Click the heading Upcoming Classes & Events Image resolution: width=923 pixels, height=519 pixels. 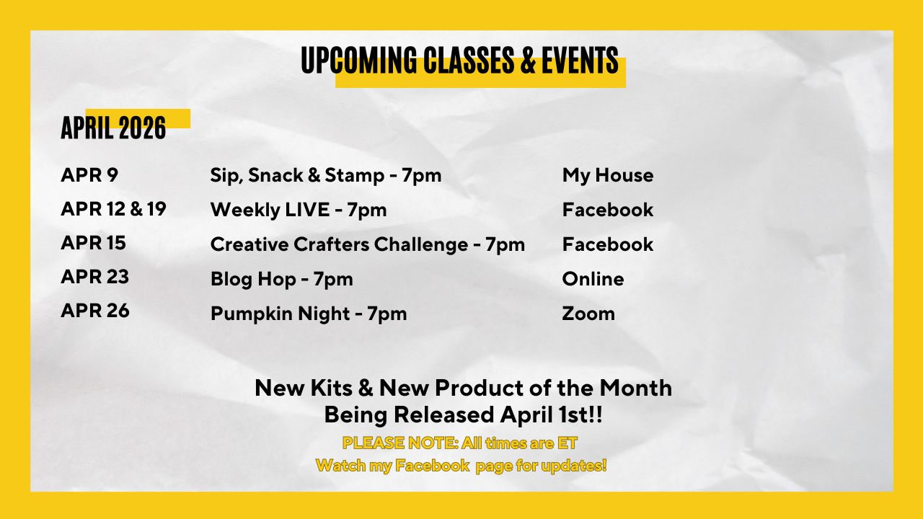[459, 60]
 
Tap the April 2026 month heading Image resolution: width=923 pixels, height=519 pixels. [113, 128]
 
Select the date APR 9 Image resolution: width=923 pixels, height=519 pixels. [89, 174]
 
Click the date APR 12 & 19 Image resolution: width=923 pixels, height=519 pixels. [113, 209]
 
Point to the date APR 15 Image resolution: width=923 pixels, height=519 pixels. [94, 243]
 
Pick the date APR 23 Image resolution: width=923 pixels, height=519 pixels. [95, 277]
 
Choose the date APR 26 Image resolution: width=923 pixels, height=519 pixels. [95, 311]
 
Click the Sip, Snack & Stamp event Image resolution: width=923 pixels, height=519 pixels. [326, 176]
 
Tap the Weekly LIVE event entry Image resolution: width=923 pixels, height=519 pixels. [299, 210]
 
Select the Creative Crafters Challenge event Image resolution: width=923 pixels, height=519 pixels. [368, 245]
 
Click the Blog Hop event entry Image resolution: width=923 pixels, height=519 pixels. [282, 279]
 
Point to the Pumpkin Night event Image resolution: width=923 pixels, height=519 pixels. [309, 314]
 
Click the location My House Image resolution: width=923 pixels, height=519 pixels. [608, 176]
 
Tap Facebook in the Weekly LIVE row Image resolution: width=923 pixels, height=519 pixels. [608, 210]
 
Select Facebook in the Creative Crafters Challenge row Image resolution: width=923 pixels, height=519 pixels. [608, 244]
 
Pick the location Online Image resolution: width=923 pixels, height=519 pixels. [593, 279]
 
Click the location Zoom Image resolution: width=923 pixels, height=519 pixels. [588, 314]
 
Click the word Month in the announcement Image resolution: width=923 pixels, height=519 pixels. [635, 388]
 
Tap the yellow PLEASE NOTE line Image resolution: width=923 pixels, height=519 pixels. [460, 443]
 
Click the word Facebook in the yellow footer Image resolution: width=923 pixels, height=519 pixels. [432, 466]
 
